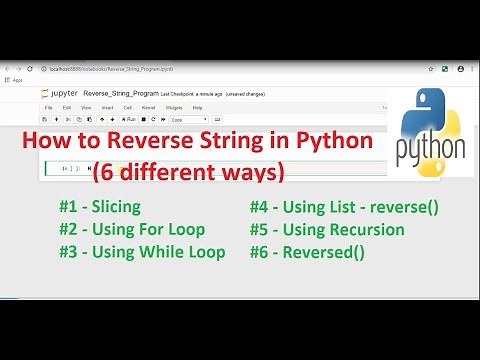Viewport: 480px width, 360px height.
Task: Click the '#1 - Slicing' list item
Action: click(99, 208)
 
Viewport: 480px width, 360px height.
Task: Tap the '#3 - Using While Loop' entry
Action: click(141, 252)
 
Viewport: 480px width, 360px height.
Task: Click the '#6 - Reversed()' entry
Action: click(307, 252)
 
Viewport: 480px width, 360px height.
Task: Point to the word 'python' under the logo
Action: click(430, 150)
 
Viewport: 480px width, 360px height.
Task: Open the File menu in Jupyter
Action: click(48, 107)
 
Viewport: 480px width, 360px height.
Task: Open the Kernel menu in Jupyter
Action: click(148, 107)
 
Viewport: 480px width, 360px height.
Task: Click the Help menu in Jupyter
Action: click(197, 107)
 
